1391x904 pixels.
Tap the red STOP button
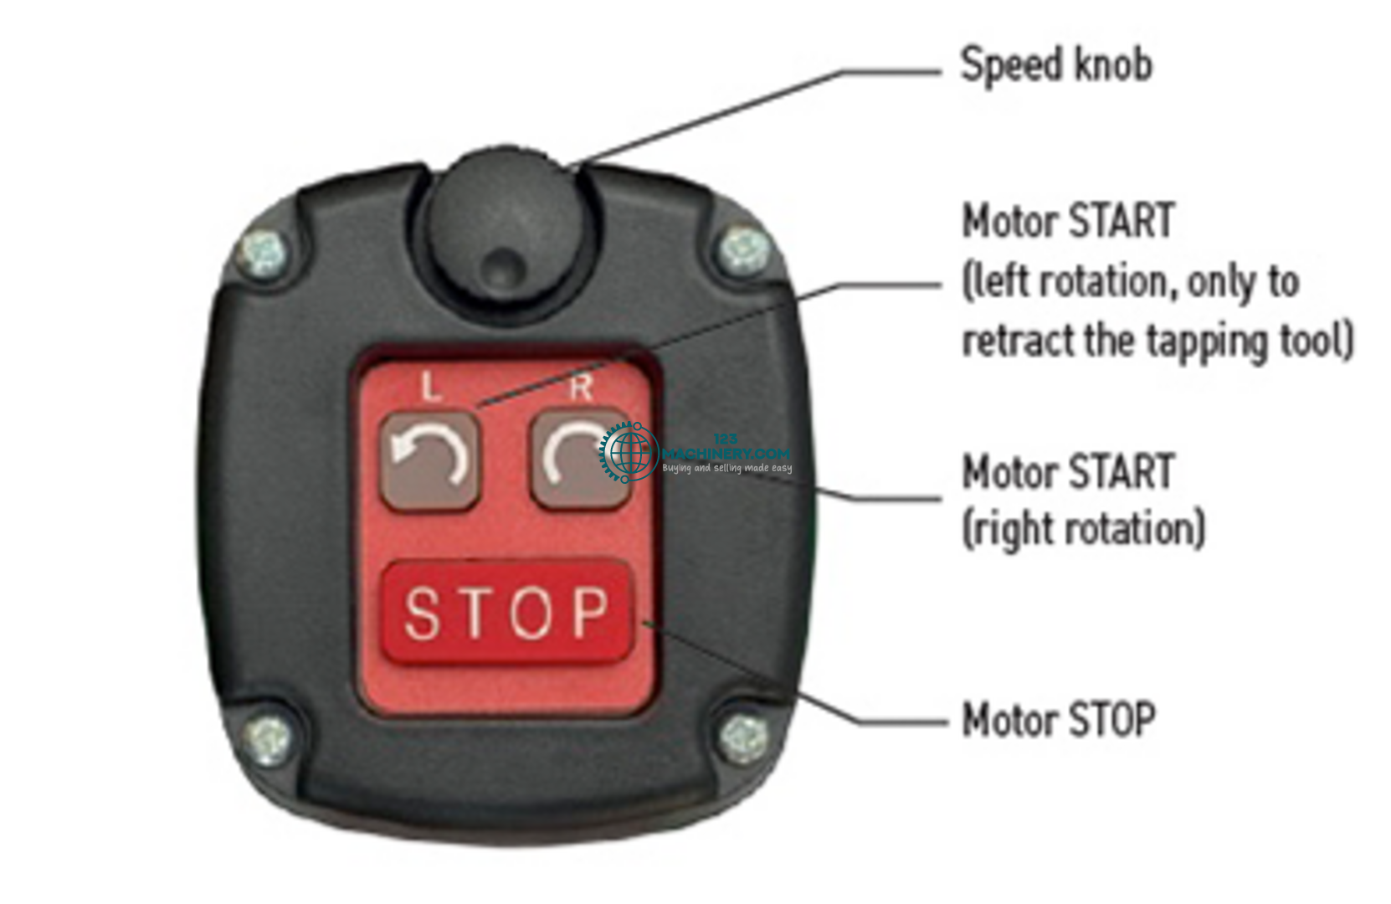[506, 613]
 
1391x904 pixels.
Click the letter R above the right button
[581, 388]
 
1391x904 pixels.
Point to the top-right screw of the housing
[744, 249]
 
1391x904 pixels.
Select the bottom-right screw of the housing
[744, 737]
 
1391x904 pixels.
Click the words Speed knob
[1056, 65]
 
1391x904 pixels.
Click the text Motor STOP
[1059, 720]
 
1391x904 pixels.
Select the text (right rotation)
[1084, 529]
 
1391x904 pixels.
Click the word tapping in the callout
[1209, 342]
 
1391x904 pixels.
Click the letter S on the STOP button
[422, 614]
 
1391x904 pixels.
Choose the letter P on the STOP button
[591, 614]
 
